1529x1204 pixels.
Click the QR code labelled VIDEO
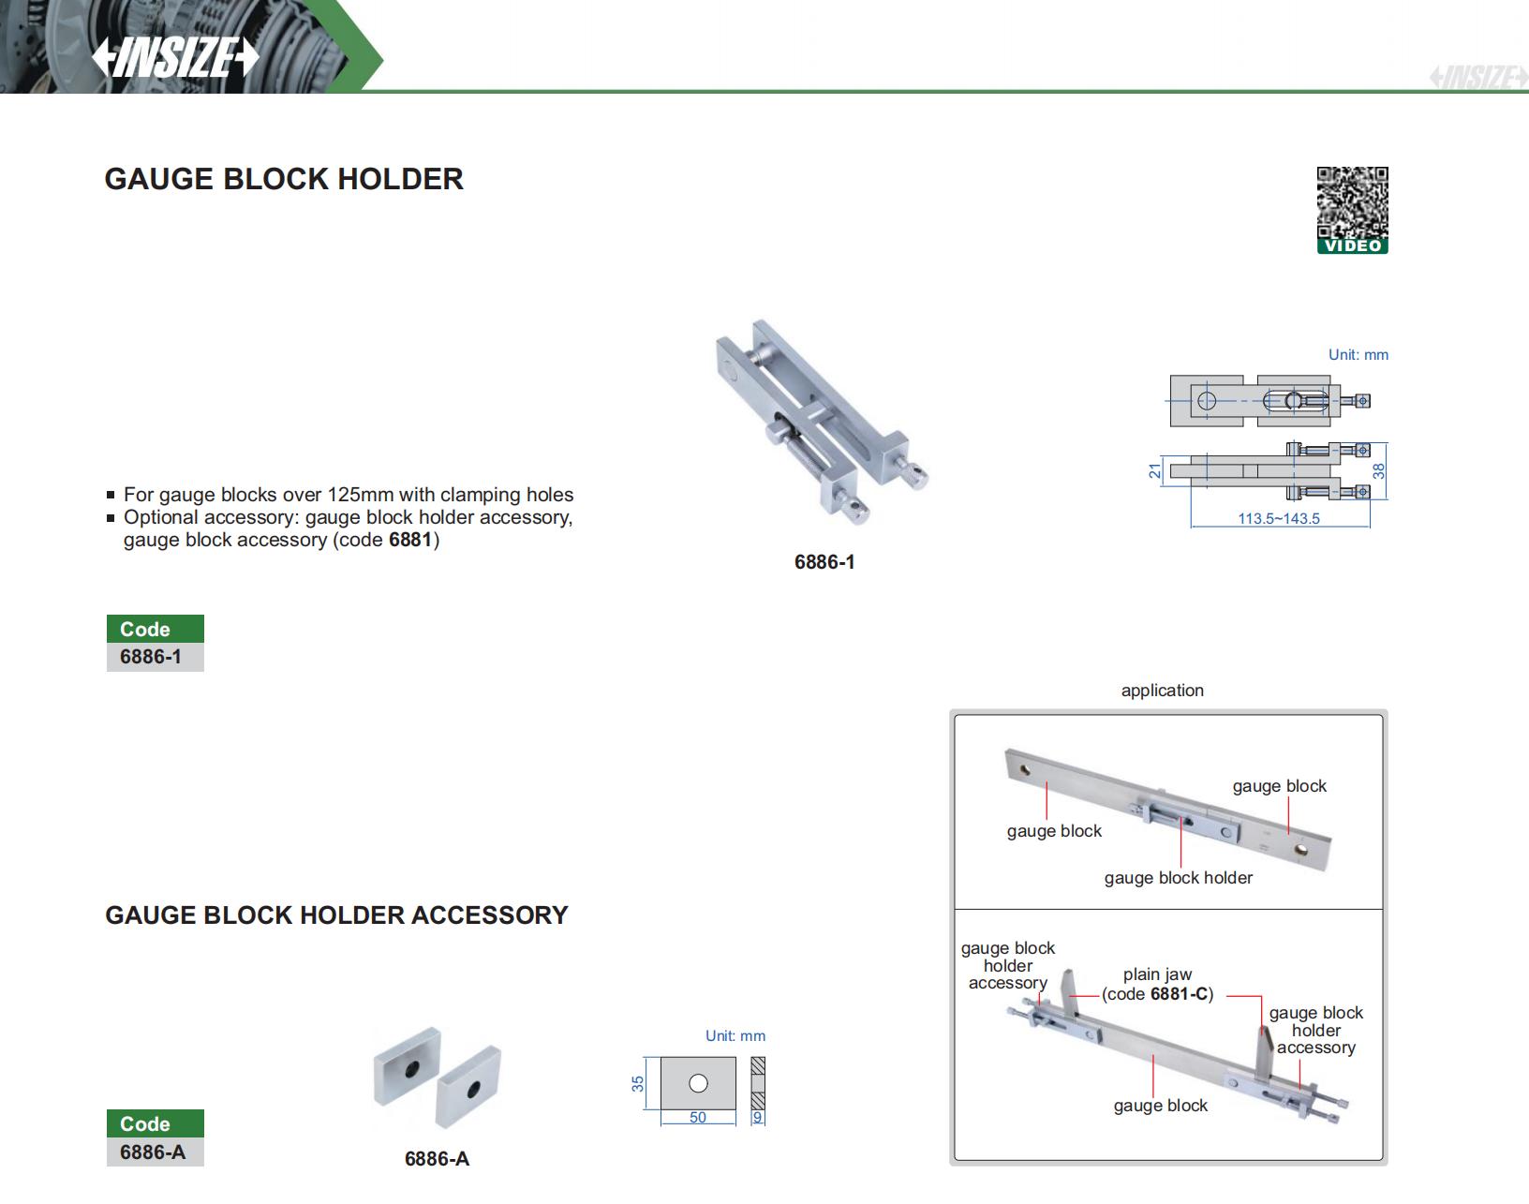pyautogui.click(x=1352, y=210)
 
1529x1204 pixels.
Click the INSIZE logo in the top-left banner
pyautogui.click(x=175, y=58)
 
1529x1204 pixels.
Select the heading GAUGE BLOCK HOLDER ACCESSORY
pyautogui.click(x=336, y=915)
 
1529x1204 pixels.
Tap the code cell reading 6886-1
pyautogui.click(x=151, y=657)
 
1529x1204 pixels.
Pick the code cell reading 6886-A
pyautogui.click(x=153, y=1152)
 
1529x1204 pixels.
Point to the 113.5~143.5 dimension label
pyautogui.click(x=1278, y=518)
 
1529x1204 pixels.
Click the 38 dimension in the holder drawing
pyautogui.click(x=1378, y=471)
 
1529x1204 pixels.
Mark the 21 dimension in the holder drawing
pyautogui.click(x=1155, y=470)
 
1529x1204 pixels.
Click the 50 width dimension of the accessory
pyautogui.click(x=697, y=1117)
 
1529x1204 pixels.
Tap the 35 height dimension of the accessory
pyautogui.click(x=638, y=1083)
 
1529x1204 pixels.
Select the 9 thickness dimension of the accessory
pyautogui.click(x=758, y=1117)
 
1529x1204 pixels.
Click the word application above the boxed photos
pyautogui.click(x=1162, y=691)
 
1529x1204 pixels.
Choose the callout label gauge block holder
pyautogui.click(x=1178, y=878)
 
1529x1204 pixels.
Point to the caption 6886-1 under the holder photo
pyautogui.click(x=824, y=562)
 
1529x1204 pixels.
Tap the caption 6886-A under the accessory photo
pyautogui.click(x=437, y=1159)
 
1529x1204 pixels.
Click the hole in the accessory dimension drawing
pyautogui.click(x=698, y=1083)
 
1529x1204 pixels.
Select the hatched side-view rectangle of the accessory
pyautogui.click(x=758, y=1083)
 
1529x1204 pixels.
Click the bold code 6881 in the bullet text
pyautogui.click(x=410, y=540)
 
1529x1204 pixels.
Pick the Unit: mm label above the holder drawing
pyautogui.click(x=1358, y=355)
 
